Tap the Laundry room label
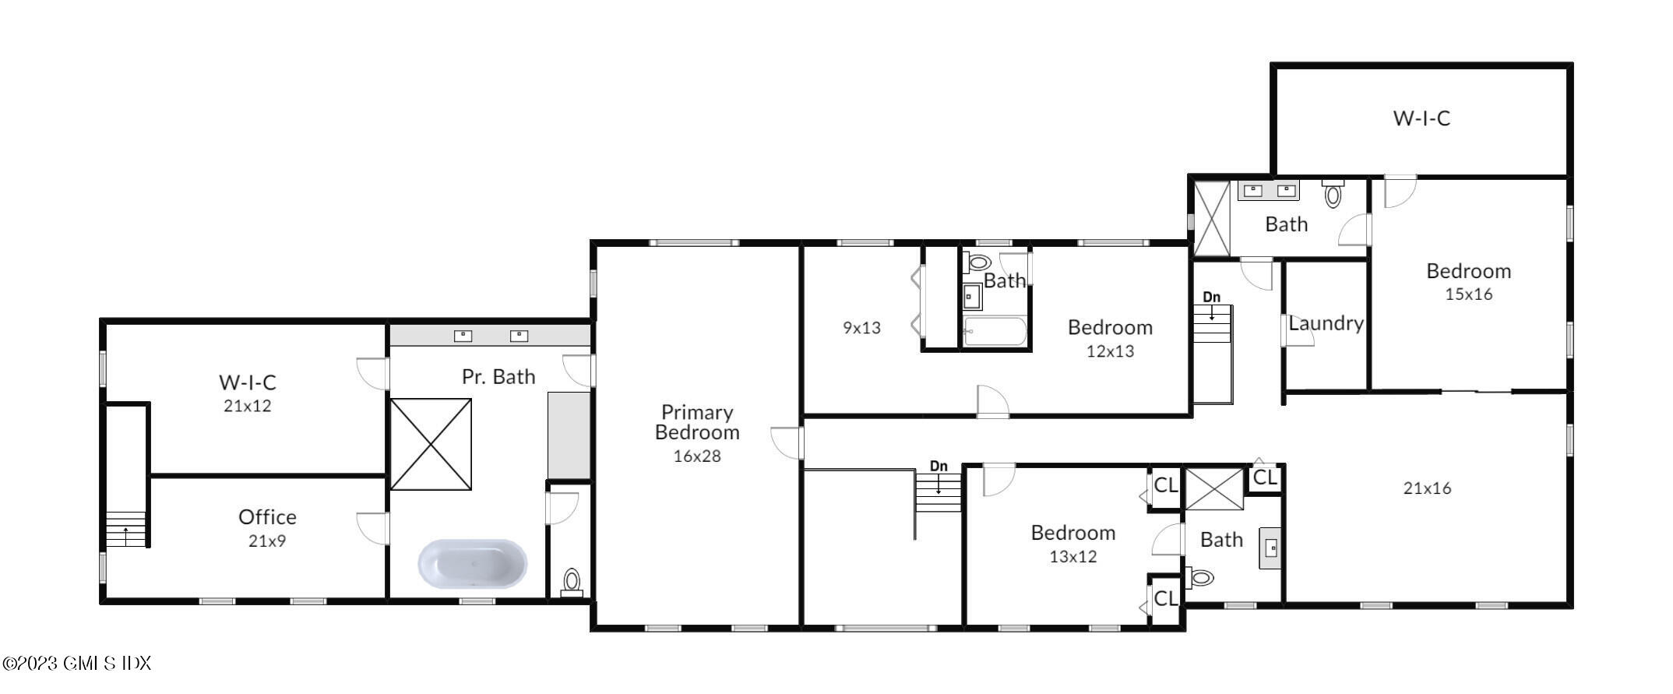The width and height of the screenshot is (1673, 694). (x=1326, y=323)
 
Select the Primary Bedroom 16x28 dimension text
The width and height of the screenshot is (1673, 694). (x=697, y=456)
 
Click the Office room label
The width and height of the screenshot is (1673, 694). (x=267, y=517)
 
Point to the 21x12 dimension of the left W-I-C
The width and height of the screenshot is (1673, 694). (x=248, y=406)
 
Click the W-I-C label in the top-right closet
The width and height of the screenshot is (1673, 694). (x=1421, y=118)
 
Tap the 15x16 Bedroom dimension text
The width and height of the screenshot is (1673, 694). (x=1468, y=294)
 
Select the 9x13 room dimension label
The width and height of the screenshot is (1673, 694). (x=861, y=328)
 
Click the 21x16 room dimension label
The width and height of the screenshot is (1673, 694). (x=1427, y=488)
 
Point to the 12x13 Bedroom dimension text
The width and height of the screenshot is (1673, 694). (x=1110, y=351)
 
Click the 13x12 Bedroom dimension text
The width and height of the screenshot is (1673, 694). (x=1072, y=557)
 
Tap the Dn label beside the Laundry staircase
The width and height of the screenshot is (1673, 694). (x=1211, y=298)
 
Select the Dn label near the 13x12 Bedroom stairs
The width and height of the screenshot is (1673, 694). (x=939, y=467)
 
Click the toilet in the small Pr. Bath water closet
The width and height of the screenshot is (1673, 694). (x=572, y=581)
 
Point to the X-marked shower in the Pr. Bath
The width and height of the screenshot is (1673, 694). (x=431, y=444)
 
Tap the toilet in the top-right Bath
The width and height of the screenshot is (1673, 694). (x=1333, y=194)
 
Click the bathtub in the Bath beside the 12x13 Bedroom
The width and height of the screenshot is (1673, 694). (x=995, y=332)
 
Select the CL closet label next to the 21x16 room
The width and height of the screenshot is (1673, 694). (x=1265, y=477)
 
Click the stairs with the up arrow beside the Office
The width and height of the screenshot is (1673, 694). (x=125, y=529)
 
